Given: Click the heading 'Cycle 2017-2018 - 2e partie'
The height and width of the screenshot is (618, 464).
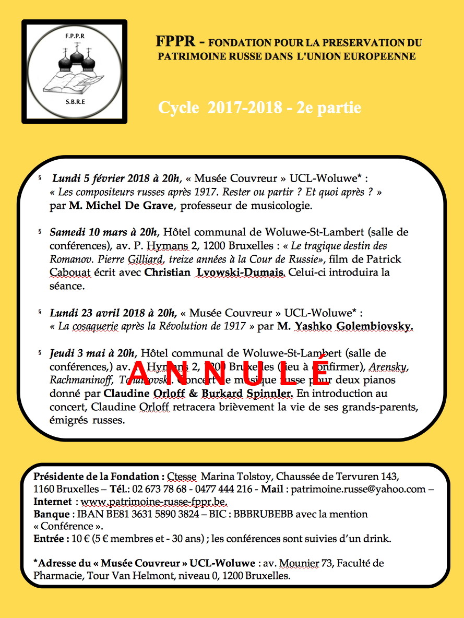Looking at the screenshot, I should (x=259, y=108).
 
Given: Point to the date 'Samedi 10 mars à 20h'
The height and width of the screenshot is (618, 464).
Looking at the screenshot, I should (x=104, y=232).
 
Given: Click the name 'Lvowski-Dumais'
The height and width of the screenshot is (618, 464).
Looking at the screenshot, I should (x=242, y=272).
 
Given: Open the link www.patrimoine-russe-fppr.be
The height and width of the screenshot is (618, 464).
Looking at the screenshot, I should (x=154, y=502).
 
